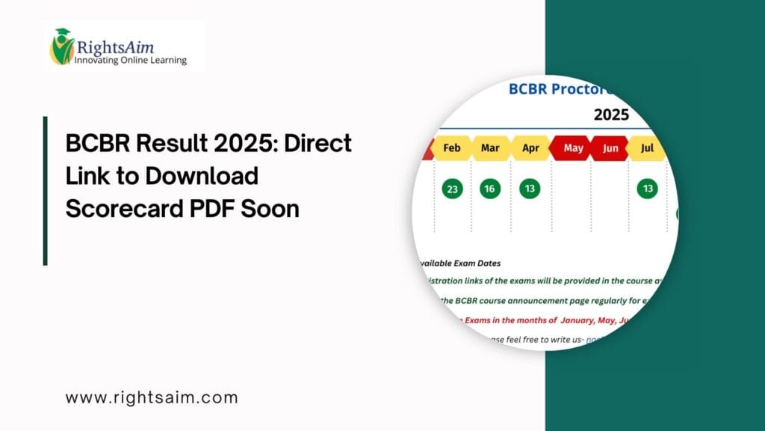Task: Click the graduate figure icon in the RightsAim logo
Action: point(61,46)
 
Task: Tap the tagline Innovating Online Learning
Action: point(130,60)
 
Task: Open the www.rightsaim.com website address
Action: point(152,397)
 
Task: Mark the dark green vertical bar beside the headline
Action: point(46,190)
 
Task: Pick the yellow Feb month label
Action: point(452,148)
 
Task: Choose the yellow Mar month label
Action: point(490,148)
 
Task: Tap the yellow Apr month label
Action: point(530,148)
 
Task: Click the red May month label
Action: point(573,148)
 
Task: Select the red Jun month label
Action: point(610,148)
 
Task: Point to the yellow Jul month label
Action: point(647,148)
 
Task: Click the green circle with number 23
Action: point(452,189)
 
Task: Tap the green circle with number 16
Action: point(490,189)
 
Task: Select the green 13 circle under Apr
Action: point(530,189)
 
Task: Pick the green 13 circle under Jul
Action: point(647,189)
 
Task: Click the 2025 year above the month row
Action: point(611,114)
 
